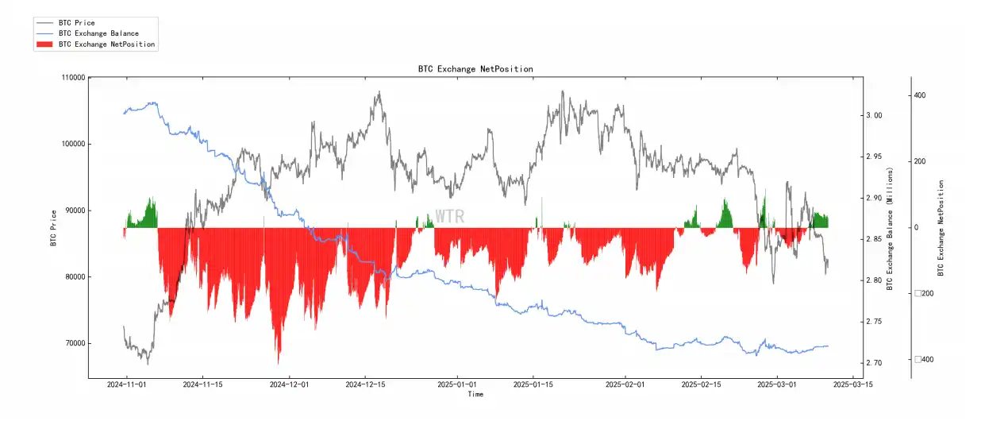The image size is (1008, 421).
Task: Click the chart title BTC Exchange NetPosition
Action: [475, 69]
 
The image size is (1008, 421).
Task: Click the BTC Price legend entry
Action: [76, 23]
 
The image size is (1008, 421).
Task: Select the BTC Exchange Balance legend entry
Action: [98, 33]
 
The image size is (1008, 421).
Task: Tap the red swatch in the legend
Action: [44, 44]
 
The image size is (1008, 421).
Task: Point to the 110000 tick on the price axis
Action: [72, 78]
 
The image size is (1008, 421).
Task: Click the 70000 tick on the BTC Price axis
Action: [75, 344]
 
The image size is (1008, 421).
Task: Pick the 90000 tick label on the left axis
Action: [75, 210]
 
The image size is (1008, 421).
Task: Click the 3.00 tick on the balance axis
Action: [874, 115]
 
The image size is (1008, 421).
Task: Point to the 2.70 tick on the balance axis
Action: [874, 363]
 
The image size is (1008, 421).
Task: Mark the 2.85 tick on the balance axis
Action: [874, 239]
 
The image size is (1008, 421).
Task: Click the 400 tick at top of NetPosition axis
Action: [920, 95]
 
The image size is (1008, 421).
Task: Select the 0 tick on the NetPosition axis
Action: [916, 228]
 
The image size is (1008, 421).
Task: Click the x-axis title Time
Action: [475, 394]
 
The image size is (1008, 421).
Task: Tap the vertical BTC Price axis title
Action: [53, 228]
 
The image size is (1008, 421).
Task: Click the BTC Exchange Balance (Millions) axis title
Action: [891, 229]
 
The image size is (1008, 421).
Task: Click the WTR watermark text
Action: [449, 217]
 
